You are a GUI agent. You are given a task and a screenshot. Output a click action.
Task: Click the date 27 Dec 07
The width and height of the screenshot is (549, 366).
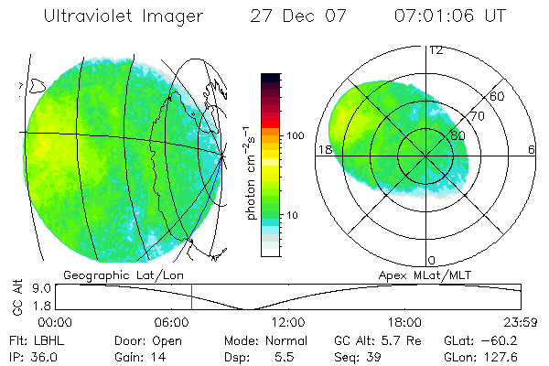click(294, 16)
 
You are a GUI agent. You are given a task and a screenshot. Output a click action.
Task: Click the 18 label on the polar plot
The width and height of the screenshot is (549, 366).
click(323, 150)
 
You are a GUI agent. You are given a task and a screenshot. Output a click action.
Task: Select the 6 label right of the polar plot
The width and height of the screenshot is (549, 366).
click(531, 150)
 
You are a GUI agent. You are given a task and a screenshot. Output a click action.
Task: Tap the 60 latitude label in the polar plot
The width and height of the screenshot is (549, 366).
click(498, 96)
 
